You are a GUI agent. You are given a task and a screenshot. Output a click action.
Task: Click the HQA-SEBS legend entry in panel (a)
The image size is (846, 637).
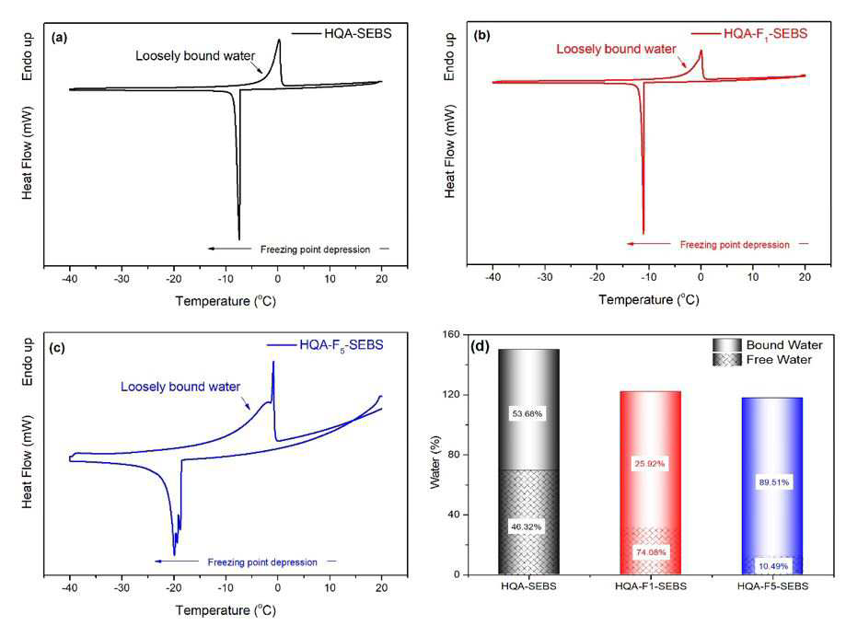(x=342, y=33)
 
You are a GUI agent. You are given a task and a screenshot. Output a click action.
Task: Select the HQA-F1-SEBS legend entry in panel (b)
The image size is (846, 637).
(x=749, y=34)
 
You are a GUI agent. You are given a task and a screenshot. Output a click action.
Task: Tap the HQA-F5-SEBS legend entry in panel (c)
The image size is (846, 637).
(x=325, y=345)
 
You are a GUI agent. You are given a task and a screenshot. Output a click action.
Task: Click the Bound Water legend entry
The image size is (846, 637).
(x=767, y=344)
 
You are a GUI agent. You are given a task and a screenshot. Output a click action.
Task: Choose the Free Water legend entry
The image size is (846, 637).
(x=762, y=360)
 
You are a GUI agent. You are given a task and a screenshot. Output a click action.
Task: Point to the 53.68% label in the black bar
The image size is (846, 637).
(x=527, y=413)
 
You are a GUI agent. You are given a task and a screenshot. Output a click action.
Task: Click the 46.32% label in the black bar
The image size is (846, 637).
(x=526, y=527)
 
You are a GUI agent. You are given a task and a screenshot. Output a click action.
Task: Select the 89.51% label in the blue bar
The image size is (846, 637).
(x=773, y=482)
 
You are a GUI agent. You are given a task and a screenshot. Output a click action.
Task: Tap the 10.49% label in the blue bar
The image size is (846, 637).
(x=773, y=566)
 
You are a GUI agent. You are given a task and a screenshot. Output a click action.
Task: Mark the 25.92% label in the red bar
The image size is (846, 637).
(x=650, y=463)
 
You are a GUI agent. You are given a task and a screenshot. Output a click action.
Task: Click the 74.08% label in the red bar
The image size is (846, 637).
(x=651, y=551)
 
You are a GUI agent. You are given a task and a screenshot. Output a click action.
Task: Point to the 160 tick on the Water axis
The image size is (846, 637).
(x=452, y=334)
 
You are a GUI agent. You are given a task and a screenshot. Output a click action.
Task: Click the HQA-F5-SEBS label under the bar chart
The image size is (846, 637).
(x=772, y=586)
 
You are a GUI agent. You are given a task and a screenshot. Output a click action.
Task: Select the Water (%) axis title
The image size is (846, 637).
(x=435, y=463)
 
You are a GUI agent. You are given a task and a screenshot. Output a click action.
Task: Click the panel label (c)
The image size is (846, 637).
(x=57, y=347)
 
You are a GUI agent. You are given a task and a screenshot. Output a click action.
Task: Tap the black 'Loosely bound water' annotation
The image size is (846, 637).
(x=195, y=56)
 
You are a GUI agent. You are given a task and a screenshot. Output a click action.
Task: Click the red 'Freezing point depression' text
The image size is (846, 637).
(x=735, y=245)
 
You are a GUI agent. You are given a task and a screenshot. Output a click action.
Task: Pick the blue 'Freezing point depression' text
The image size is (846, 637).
(x=262, y=562)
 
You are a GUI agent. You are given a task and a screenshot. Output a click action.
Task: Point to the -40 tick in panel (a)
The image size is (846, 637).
(x=70, y=279)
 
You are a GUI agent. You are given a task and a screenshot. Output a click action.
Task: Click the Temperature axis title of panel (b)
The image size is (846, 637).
(x=648, y=300)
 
